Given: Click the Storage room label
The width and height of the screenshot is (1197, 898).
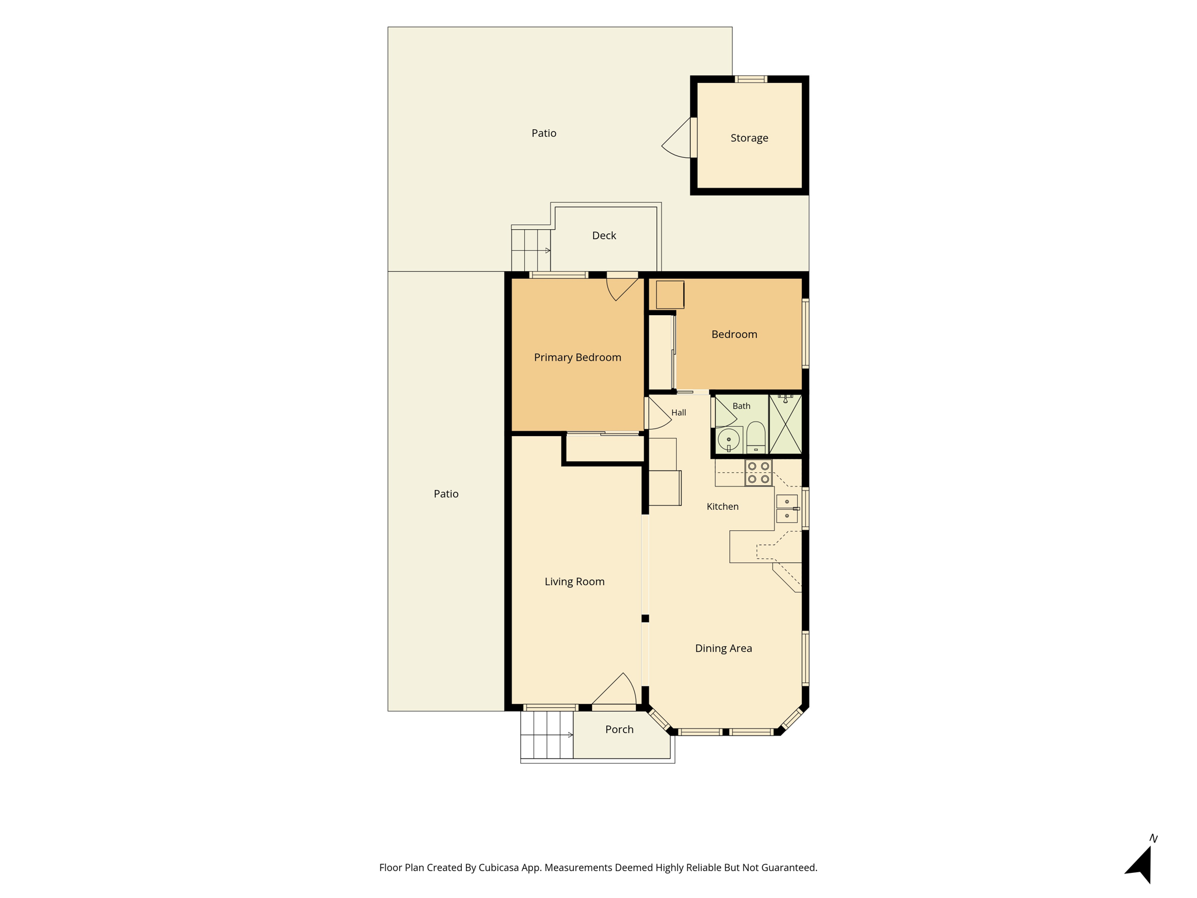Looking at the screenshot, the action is point(749,138).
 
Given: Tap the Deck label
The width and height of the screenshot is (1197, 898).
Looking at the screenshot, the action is point(604,235).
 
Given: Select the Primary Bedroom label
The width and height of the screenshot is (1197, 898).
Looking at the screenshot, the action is point(577,357).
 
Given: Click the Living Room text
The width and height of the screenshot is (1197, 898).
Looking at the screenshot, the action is point(575,581).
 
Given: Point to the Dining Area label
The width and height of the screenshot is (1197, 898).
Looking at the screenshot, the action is point(723,648).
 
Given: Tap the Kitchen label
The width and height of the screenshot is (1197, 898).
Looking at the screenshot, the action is point(722,506).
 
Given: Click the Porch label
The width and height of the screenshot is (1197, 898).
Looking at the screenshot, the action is point(619,729).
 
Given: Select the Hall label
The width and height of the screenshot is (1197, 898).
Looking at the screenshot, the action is point(679,413).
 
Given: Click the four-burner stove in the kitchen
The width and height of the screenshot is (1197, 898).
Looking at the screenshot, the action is point(759,472).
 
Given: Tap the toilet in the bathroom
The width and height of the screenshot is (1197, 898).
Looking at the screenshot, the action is point(756,437).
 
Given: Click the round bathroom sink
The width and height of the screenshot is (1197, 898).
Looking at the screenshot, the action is point(729,439).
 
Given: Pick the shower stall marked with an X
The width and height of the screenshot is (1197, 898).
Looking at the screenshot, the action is point(786,424).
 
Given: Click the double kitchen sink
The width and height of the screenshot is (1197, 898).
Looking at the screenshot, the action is point(787,509).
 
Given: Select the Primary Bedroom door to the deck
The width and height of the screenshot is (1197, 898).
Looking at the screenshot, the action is point(622,286).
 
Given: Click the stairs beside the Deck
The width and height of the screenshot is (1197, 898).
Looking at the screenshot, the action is point(531,250).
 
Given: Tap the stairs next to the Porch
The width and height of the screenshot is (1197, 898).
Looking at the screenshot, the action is point(547,735).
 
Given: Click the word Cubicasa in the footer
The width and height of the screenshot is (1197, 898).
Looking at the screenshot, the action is point(499,868).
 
